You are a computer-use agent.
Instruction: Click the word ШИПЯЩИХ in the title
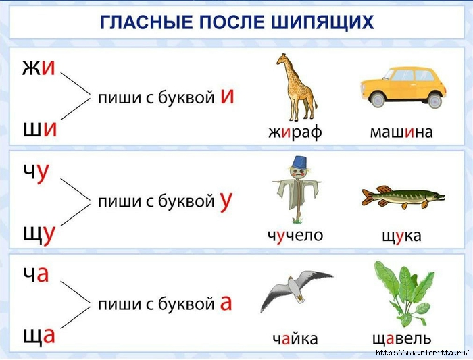323,22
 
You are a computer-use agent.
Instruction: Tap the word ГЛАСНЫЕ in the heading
147,22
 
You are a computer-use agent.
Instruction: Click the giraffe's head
282,58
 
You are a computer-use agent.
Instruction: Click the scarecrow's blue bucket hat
299,162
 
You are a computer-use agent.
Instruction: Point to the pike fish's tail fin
369,197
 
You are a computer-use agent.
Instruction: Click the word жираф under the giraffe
295,132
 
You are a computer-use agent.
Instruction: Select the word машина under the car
401,132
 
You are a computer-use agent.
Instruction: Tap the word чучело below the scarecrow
295,236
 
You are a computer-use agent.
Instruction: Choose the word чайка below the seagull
295,338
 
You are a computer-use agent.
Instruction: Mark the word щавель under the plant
402,339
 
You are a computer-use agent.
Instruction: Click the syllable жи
39,68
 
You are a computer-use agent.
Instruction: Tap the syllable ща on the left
39,336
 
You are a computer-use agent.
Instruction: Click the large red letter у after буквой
226,201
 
